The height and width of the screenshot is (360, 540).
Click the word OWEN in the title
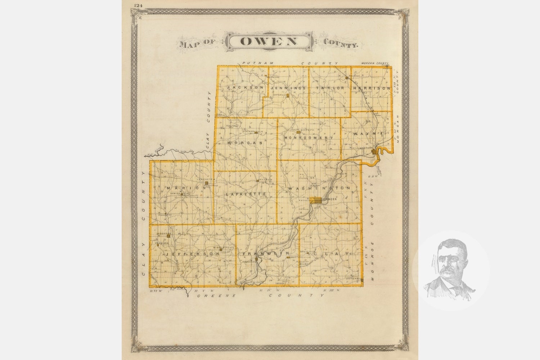tap(269, 41)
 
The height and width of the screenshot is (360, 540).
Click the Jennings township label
tap(288, 88)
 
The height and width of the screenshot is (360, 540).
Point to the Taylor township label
tap(330, 88)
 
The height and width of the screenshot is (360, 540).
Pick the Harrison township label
tap(372, 88)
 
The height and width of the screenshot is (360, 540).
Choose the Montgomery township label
tap(309, 138)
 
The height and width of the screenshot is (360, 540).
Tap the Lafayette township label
tap(246, 194)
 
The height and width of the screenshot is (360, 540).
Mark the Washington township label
tap(319, 188)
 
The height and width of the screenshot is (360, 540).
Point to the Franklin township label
tap(266, 254)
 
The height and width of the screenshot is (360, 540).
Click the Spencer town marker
tap(316, 200)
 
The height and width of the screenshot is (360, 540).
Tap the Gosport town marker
tap(374, 152)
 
